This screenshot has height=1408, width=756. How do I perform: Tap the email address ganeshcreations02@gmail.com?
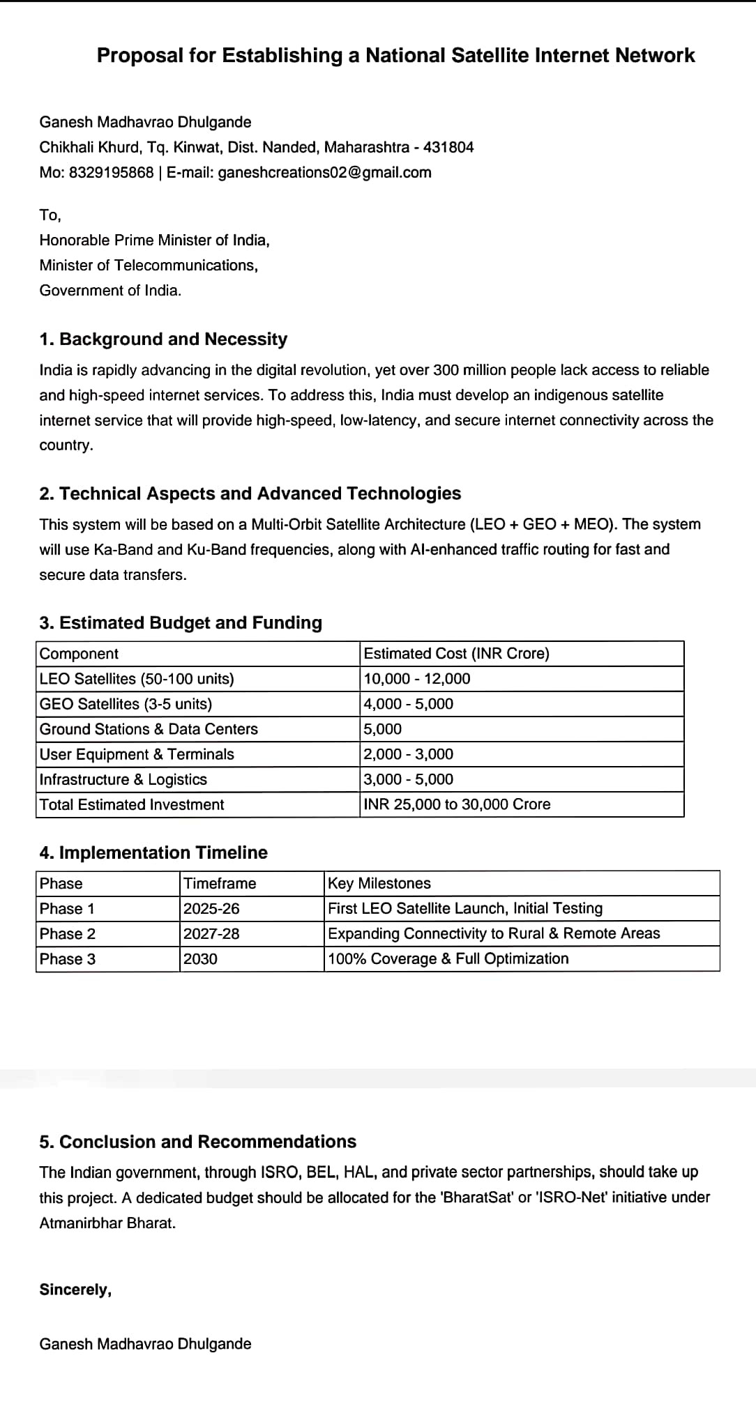(x=324, y=172)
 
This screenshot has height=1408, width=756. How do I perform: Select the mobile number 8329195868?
(x=111, y=172)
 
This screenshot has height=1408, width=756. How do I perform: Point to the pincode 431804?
(x=448, y=147)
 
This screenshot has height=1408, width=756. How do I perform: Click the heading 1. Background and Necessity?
(x=163, y=339)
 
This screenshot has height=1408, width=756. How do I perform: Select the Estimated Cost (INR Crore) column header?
(x=456, y=654)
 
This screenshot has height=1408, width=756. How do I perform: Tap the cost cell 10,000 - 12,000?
(x=417, y=679)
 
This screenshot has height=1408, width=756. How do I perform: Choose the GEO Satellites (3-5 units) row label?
(x=126, y=704)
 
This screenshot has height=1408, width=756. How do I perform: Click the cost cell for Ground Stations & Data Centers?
(x=383, y=729)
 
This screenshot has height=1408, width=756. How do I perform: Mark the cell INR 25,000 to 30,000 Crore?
(x=457, y=804)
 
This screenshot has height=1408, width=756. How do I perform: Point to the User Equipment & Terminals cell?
(x=137, y=754)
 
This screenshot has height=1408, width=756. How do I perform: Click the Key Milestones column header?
(x=379, y=883)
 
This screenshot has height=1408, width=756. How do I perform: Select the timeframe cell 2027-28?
(x=211, y=933)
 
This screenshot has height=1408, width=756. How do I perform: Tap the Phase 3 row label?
(x=68, y=959)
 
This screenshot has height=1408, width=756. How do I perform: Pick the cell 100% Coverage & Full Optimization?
(x=448, y=958)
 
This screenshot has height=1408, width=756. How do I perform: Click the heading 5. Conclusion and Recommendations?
(x=197, y=1142)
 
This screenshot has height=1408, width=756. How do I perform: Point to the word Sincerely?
(x=75, y=1290)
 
